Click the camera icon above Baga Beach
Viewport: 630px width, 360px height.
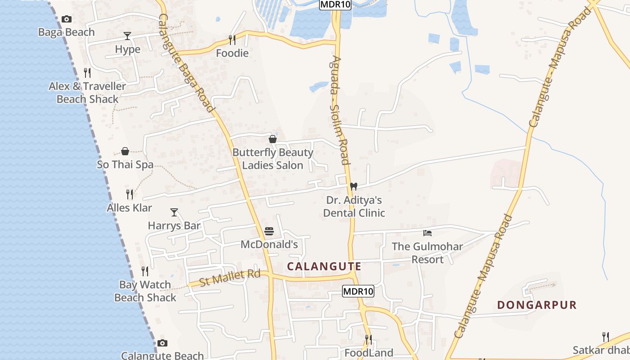click(x=67, y=19)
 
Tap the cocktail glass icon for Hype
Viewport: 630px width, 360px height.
click(x=127, y=36)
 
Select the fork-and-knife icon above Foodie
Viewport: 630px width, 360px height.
click(x=232, y=40)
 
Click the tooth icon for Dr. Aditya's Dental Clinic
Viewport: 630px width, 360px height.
click(x=354, y=186)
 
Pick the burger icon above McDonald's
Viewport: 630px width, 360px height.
click(x=269, y=231)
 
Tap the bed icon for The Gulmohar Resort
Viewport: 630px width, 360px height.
click(x=427, y=233)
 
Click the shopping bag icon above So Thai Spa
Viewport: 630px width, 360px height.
click(x=125, y=151)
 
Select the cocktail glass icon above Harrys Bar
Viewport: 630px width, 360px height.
click(x=174, y=212)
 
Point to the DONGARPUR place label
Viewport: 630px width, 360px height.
click(x=537, y=305)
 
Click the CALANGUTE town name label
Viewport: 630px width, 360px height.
click(x=324, y=266)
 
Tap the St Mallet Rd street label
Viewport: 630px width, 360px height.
click(x=230, y=277)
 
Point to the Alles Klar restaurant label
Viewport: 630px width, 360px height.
click(x=129, y=208)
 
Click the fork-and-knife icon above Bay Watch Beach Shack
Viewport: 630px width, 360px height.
click(x=145, y=271)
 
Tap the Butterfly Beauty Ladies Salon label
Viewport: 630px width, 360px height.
click(x=273, y=159)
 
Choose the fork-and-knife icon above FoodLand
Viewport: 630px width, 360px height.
click(x=368, y=339)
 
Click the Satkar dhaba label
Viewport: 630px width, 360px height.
click(x=601, y=350)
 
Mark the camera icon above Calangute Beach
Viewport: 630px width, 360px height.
click(x=162, y=343)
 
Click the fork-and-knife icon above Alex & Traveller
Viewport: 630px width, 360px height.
click(x=87, y=72)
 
